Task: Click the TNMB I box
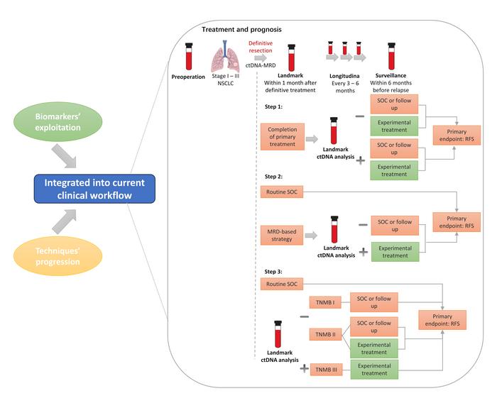click(x=327, y=302)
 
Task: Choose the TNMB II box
click(x=327, y=333)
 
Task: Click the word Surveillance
click(x=390, y=74)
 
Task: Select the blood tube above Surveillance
click(x=390, y=55)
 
